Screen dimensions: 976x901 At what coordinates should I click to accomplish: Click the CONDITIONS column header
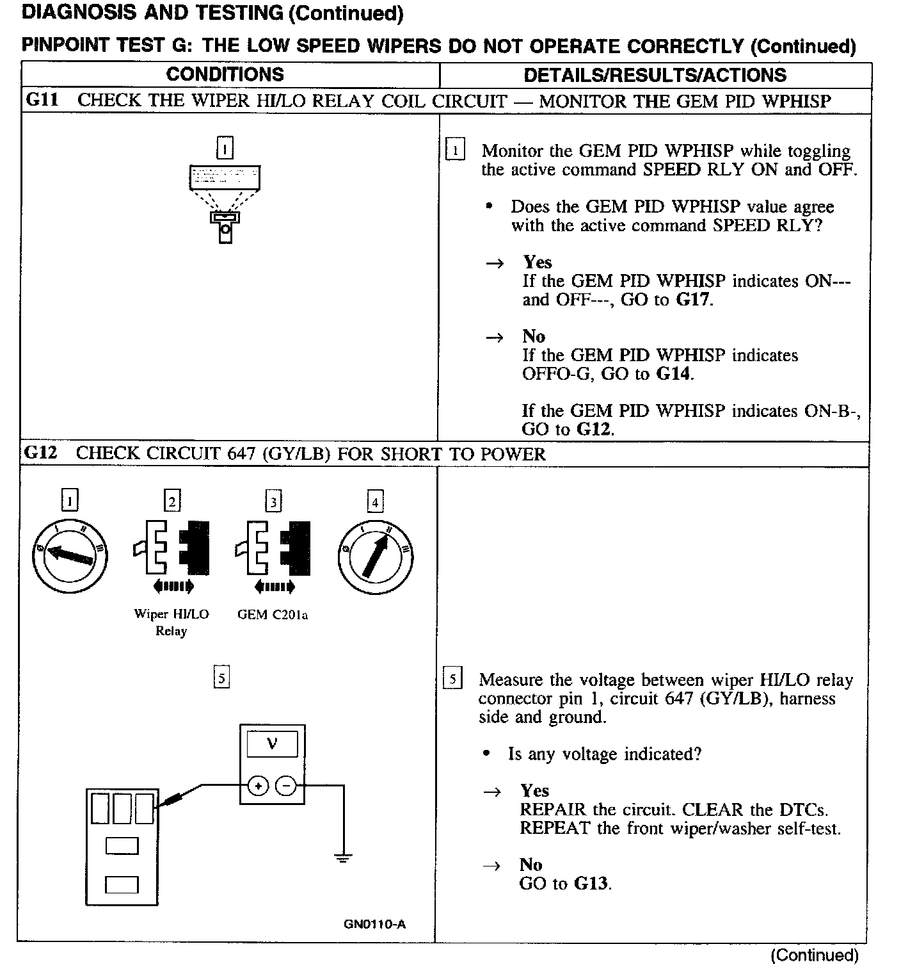pos(225,74)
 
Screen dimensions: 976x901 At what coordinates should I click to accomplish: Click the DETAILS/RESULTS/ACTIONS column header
pos(655,75)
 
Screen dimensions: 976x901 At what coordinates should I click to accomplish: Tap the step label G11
pos(42,101)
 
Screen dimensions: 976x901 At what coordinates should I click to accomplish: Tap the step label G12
pos(40,453)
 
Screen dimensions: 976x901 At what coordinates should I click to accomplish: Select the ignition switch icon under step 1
pos(70,555)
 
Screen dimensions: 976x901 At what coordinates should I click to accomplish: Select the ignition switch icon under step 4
pos(375,555)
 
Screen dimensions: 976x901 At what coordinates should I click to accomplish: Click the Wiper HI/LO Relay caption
pos(171,622)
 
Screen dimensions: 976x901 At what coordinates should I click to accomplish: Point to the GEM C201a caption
pos(272,615)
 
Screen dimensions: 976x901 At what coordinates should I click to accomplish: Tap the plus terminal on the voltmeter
pos(258,785)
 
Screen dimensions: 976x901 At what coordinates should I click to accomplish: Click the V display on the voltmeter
pos(272,744)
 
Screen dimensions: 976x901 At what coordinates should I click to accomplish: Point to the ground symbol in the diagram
pos(344,858)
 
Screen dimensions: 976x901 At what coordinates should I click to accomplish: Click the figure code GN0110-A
pos(374,924)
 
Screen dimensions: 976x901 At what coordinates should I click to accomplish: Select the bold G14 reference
pos(674,374)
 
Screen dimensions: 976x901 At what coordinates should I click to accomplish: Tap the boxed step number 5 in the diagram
pos(221,678)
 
